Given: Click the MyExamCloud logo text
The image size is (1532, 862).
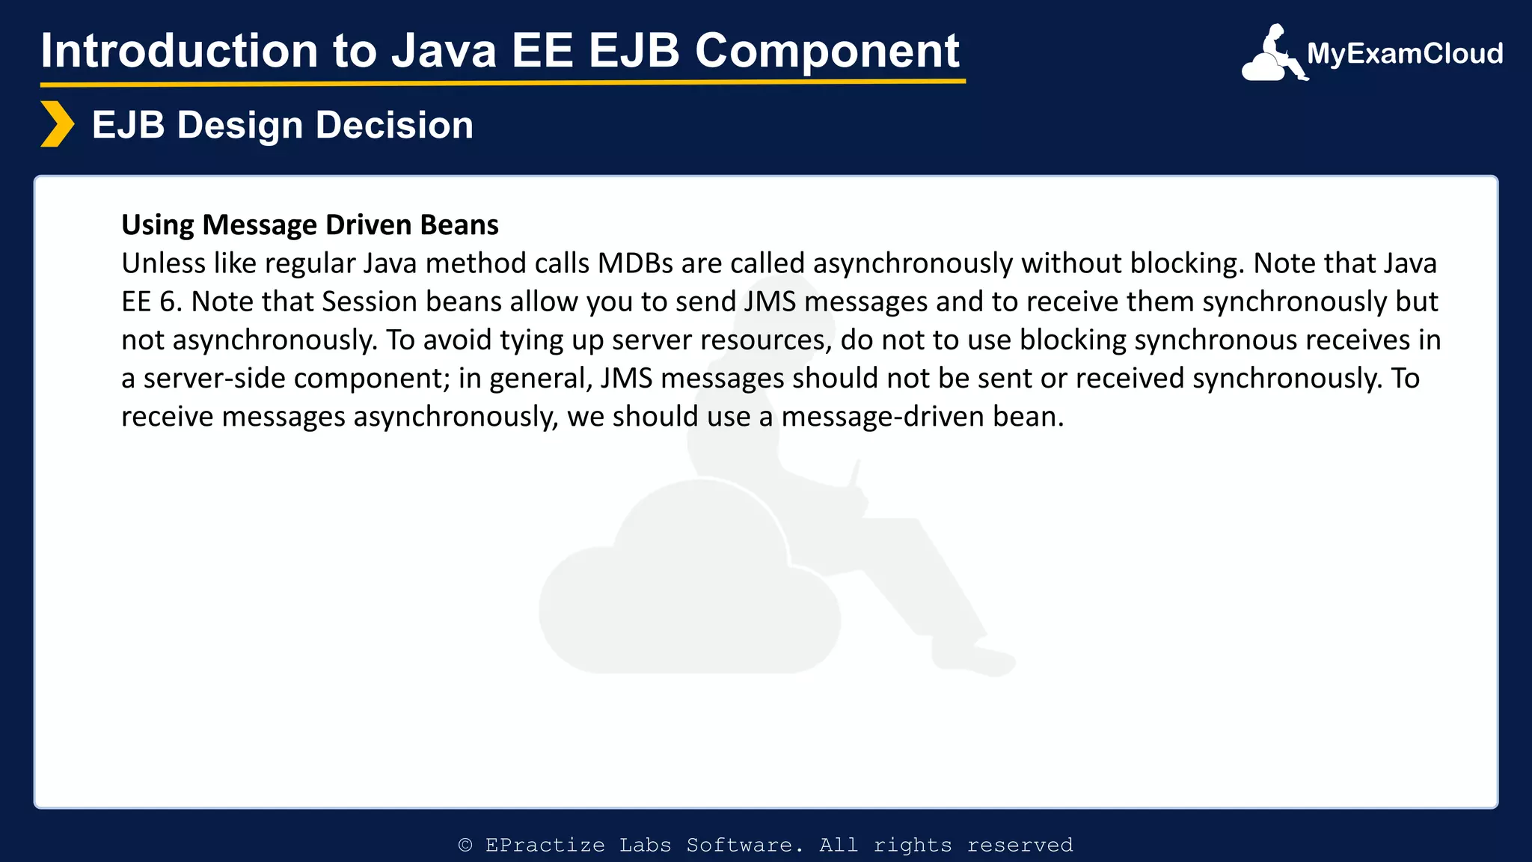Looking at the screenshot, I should (x=1404, y=54).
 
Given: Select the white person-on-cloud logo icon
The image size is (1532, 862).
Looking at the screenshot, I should (x=1272, y=54).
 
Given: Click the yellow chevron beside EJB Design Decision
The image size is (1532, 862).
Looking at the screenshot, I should (x=57, y=124).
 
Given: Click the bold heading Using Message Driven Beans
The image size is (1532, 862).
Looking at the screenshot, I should (x=310, y=224).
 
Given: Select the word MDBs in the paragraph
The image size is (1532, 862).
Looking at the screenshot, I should (x=635, y=263).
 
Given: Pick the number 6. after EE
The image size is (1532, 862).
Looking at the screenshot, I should (x=171, y=302).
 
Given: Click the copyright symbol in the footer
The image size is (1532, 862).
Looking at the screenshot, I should (x=465, y=846).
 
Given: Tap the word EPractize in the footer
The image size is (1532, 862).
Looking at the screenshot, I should (x=545, y=846).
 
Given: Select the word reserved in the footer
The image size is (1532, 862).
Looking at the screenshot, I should (x=1020, y=846).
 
